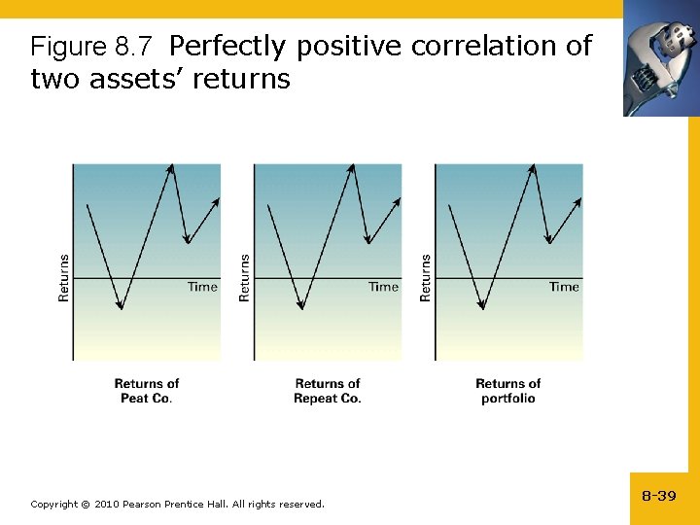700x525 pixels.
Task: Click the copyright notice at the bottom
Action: [x=177, y=504]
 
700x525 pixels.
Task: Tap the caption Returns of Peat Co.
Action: [x=147, y=391]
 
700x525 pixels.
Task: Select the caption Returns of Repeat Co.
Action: [x=328, y=391]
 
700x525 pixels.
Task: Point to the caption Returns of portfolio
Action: [x=507, y=391]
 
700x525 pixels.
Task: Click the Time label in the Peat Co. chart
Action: [x=202, y=287]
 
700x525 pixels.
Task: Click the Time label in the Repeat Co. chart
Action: [x=383, y=287]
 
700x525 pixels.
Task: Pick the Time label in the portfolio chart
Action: [x=564, y=287]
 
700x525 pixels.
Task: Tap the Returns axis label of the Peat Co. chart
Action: [x=64, y=277]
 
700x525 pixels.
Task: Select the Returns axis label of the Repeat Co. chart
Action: [x=245, y=277]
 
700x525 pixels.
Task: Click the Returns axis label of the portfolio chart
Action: [x=426, y=277]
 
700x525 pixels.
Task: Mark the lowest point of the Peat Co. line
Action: [x=121, y=308]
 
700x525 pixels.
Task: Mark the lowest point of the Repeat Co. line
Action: [x=301, y=308]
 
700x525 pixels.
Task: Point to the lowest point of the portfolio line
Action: [x=482, y=308]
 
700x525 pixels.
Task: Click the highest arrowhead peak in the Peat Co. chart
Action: [x=172, y=166]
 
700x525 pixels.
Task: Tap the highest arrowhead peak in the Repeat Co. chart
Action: [x=353, y=166]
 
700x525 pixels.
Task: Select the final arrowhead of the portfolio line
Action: [x=579, y=199]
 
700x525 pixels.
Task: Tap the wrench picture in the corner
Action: [x=661, y=58]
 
